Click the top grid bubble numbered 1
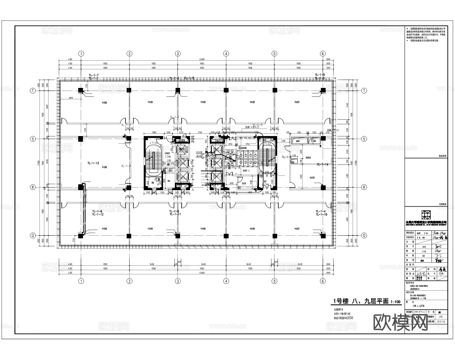pyautogui.click(x=81, y=53)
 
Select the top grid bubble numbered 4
pyautogui.click(x=226, y=53)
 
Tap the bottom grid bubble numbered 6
pyautogui.click(x=323, y=281)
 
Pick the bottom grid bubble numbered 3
pyautogui.click(x=177, y=281)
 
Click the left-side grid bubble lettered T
pyautogui.click(x=33, y=91)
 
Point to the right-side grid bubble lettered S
pyautogui.click(x=364, y=139)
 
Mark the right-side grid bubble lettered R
pyautogui.click(x=364, y=187)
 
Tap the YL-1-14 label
pyautogui.click(x=322, y=164)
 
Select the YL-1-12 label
pyautogui.click(x=97, y=214)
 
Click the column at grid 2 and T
pyautogui.click(x=129, y=90)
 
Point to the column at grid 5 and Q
pyautogui.click(x=274, y=236)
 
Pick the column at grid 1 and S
pyautogui.click(x=81, y=139)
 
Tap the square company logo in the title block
pyautogui.click(x=427, y=214)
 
